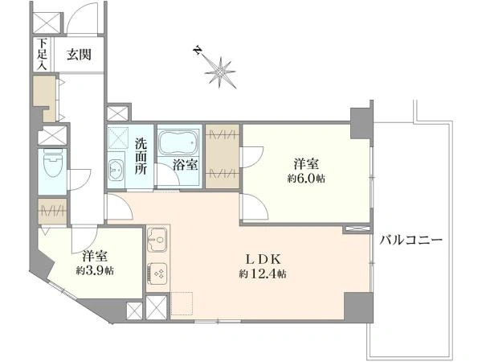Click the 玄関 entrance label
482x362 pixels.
coord(79,55)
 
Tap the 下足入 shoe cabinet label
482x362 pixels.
coord(42,54)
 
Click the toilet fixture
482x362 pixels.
coord(53,163)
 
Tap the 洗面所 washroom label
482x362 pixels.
coord(141,156)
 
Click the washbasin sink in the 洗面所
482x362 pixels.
coord(116,171)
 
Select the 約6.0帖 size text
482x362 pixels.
coord(306,179)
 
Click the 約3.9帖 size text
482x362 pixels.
coord(95,270)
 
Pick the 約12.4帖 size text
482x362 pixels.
coord(263,274)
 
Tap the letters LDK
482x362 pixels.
coord(263,260)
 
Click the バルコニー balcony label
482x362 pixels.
coord(411,240)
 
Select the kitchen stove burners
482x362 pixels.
coord(157,273)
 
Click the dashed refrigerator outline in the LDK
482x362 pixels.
coord(182,303)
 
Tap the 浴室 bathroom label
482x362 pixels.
coord(185,165)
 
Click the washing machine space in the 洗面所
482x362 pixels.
coord(118,137)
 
